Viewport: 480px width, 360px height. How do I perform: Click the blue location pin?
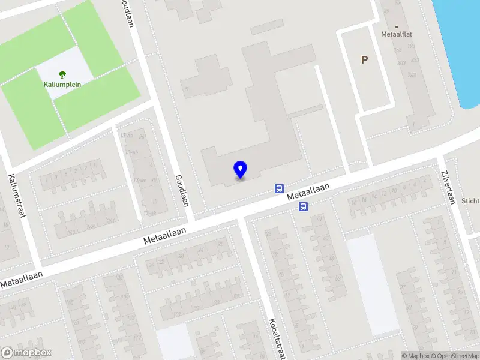tap(241, 169)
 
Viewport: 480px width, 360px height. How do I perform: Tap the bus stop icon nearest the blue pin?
tap(279, 188)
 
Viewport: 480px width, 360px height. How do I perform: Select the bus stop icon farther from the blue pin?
tap(304, 207)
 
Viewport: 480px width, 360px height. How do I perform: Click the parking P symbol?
tap(364, 59)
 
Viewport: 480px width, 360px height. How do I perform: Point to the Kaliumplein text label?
tap(62, 85)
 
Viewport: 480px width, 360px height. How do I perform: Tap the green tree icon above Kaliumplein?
tap(62, 75)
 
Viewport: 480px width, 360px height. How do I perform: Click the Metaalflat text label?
tap(397, 34)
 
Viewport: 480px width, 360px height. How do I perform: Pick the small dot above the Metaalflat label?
tap(397, 26)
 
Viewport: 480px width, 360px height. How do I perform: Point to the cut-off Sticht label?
tap(470, 202)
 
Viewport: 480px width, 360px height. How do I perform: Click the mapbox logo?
tap(26, 352)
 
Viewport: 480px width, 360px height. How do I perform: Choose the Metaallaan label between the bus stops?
tap(308, 192)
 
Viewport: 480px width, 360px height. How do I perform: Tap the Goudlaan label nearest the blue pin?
tap(182, 191)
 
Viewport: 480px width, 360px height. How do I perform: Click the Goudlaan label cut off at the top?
tap(127, 12)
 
